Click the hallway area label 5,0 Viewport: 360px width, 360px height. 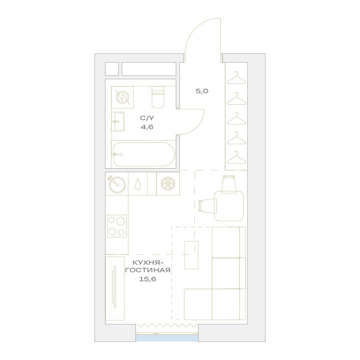tap(202, 91)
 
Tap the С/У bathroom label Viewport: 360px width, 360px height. tap(147, 118)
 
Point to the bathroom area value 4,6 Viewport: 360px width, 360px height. tap(147, 127)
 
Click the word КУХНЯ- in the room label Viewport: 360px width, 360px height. tap(148, 262)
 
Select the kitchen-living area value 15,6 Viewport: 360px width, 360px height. tap(147, 279)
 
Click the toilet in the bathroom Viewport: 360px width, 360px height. tap(158, 97)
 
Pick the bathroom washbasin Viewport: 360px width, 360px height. tap(118, 122)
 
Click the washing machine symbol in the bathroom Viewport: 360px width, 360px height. tap(122, 97)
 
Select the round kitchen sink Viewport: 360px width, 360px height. tap(117, 184)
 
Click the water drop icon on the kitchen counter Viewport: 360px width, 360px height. tap(138, 184)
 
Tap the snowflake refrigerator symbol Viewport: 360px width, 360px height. tap(168, 184)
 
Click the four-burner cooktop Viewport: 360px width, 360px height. tap(117, 226)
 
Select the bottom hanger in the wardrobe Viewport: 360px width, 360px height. tap(237, 157)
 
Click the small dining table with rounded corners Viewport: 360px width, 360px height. tap(229, 206)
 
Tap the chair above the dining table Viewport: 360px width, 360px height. tap(229, 183)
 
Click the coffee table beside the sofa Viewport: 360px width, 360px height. tap(191, 255)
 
